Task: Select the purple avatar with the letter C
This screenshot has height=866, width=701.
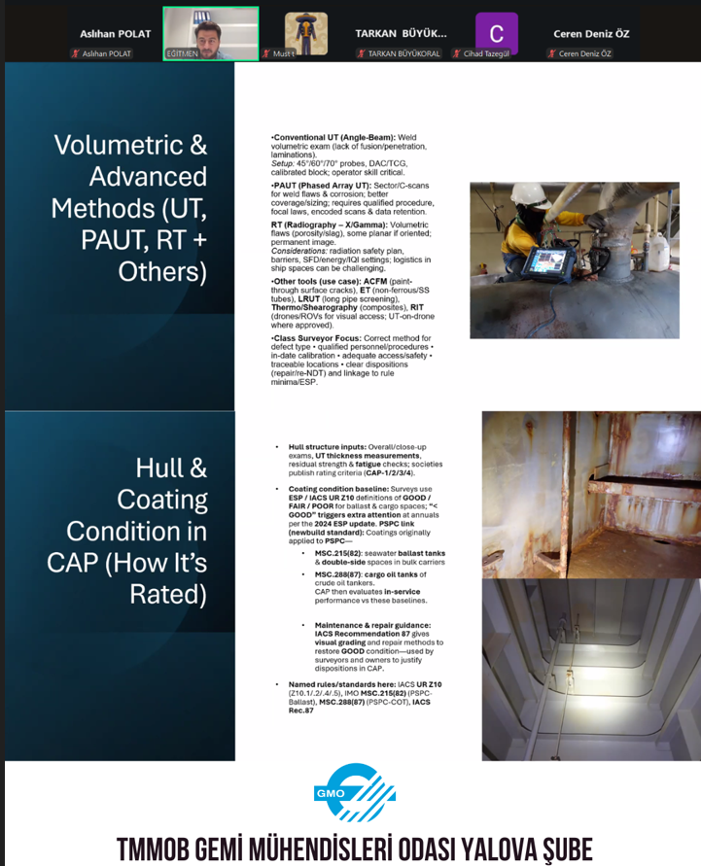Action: (x=497, y=33)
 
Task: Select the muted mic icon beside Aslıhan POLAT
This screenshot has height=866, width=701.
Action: (x=76, y=53)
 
